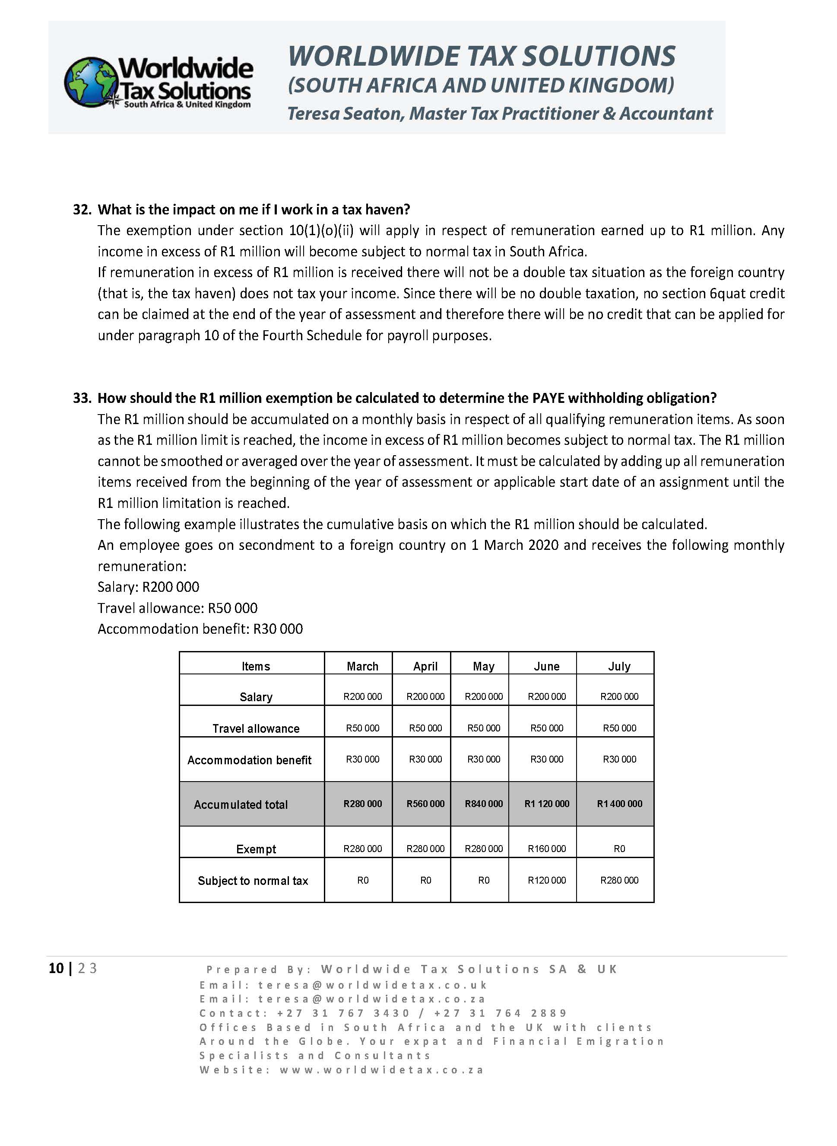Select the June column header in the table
[546, 666]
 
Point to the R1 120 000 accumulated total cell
[546, 804]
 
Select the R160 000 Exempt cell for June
[546, 848]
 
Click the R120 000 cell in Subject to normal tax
[546, 880]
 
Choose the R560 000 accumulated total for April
[425, 804]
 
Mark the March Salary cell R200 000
[362, 696]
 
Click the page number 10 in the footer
[56, 968]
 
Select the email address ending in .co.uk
[372, 985]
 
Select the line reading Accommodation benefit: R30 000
[200, 629]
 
